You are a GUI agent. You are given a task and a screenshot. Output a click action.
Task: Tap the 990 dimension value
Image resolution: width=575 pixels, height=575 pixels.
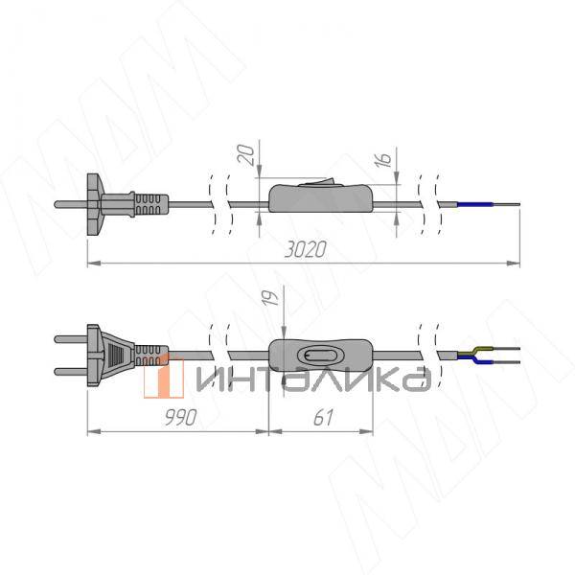(x=178, y=417)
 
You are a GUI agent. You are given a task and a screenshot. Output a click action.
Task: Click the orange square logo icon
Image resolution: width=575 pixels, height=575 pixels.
(x=164, y=376)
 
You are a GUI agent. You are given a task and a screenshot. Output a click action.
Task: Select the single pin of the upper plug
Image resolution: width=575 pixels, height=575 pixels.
(x=72, y=203)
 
